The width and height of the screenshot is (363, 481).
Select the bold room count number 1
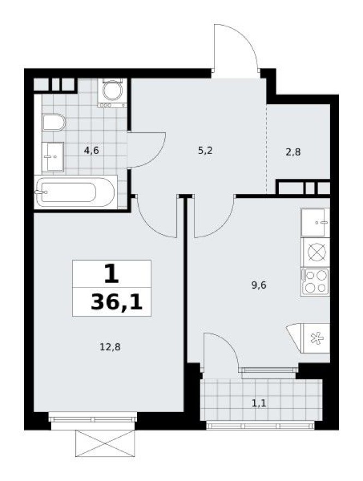pos(111,274)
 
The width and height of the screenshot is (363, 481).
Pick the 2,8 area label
pos(293,152)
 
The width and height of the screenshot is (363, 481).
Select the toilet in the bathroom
pos(53,122)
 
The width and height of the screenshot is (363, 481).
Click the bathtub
pos(75,192)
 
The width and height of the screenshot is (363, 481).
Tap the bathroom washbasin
pos(52,156)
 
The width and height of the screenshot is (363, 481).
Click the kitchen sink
pos(316,222)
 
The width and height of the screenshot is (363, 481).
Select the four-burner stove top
pos(316,281)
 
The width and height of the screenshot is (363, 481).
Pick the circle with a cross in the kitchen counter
pos(316,252)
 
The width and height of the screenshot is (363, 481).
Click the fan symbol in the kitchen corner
pos(317,338)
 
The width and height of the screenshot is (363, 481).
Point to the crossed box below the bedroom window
pos(105,442)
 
